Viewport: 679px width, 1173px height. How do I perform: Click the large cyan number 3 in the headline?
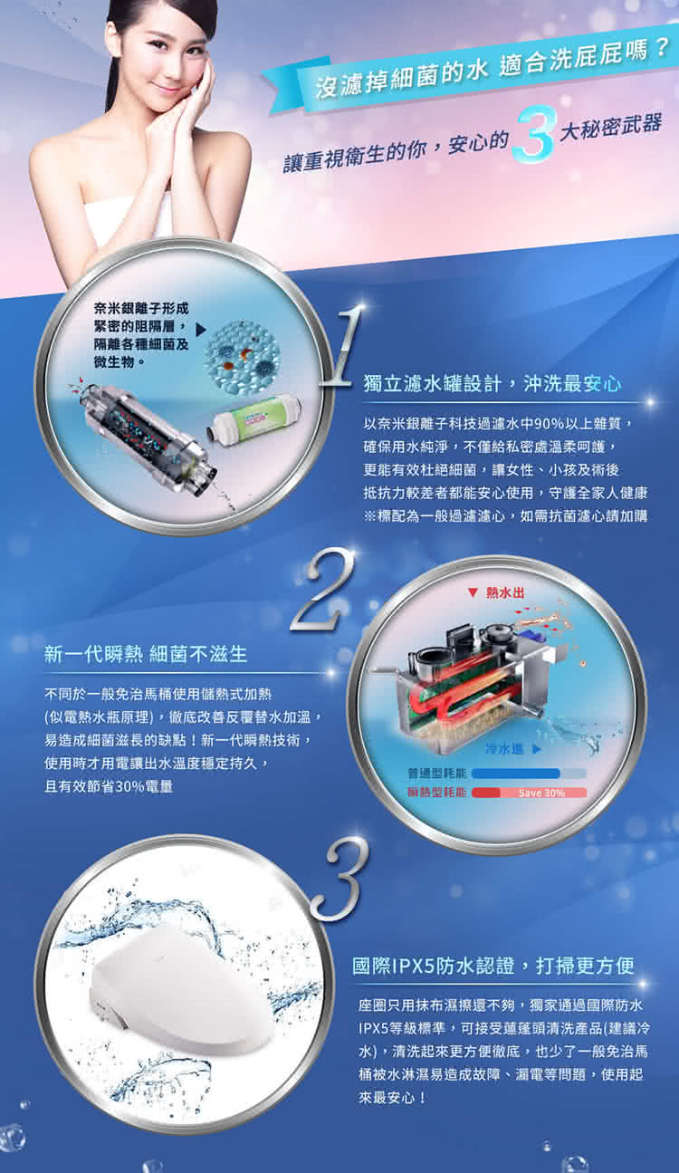point(534,133)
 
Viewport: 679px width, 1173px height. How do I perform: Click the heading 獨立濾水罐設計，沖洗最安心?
point(493,383)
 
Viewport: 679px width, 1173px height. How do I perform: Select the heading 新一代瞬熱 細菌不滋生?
point(146,654)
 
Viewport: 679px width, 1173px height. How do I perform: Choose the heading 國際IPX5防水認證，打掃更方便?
point(493,966)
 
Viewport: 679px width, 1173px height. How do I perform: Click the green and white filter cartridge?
point(253,418)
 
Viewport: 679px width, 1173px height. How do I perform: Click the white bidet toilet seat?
point(180,994)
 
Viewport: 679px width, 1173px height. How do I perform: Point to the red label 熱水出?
point(504,592)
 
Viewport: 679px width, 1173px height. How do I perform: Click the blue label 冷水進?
point(504,749)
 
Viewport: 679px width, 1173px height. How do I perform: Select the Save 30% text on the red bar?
point(541,793)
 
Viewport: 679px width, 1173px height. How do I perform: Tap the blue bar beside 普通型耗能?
point(516,774)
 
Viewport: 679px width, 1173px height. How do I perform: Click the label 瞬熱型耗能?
point(437,793)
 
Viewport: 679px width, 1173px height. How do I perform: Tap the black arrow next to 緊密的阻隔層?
point(201,330)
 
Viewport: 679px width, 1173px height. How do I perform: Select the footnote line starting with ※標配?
point(505,515)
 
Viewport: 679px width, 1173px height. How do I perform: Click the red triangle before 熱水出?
point(473,592)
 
